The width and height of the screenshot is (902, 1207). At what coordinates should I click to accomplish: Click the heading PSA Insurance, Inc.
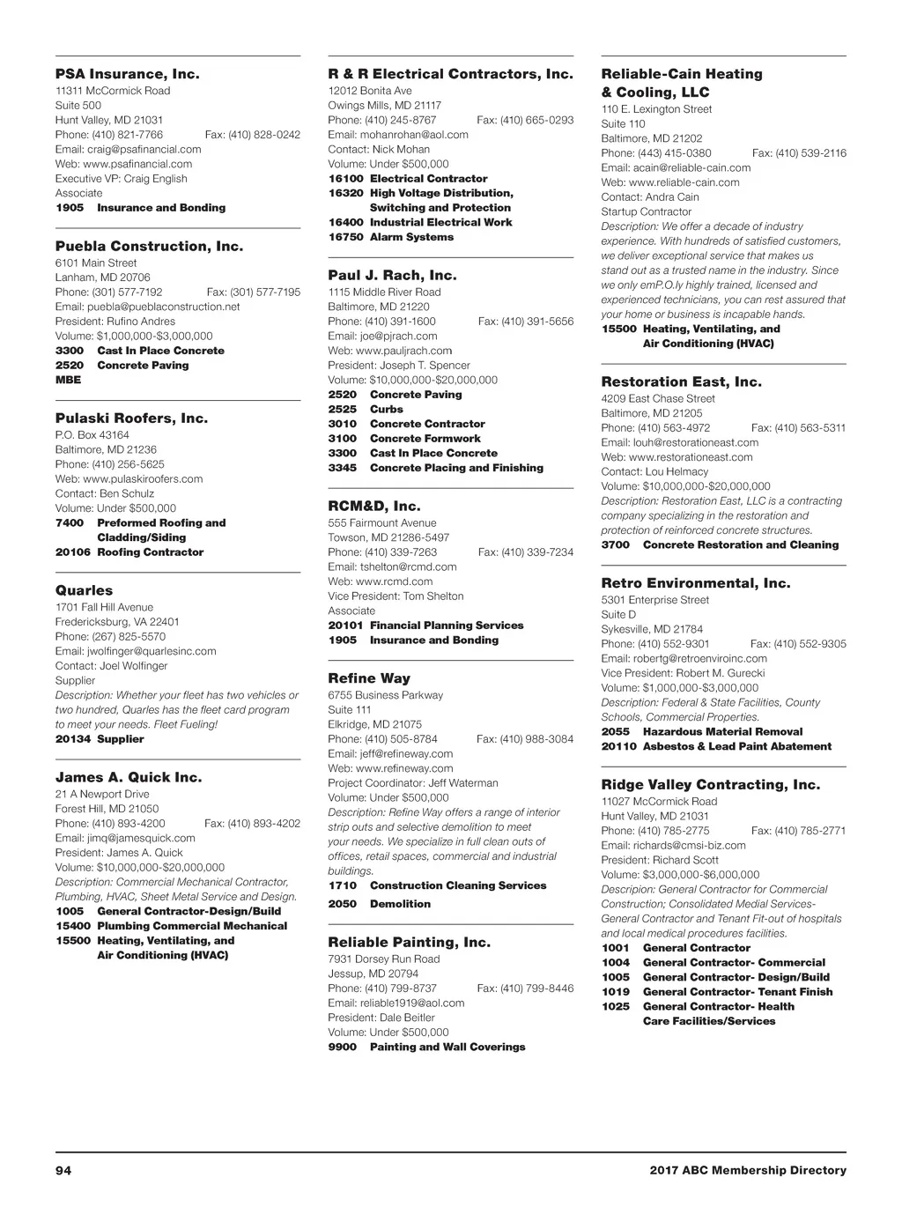pos(127,74)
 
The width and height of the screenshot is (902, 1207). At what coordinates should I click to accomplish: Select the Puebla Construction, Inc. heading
pos(149,247)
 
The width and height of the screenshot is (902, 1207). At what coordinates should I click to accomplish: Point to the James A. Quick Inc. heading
pos(129,778)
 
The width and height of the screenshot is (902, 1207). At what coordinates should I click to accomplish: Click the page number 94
pos(63,1171)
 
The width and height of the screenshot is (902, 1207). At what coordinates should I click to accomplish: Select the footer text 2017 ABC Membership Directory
pos(748,1171)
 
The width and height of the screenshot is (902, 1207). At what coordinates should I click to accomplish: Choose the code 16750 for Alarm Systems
pos(345,237)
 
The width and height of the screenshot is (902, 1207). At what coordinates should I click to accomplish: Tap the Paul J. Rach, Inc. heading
pos(392,276)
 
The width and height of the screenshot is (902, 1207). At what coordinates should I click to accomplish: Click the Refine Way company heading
pos(369,678)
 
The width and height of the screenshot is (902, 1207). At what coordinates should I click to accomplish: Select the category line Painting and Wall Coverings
pos(447,1048)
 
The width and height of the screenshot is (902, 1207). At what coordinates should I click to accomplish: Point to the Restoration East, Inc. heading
pos(681,382)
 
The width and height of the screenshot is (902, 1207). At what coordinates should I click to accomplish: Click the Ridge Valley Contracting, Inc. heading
pos(710,785)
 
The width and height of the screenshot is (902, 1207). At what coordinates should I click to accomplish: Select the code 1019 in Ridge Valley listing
pos(616,992)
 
